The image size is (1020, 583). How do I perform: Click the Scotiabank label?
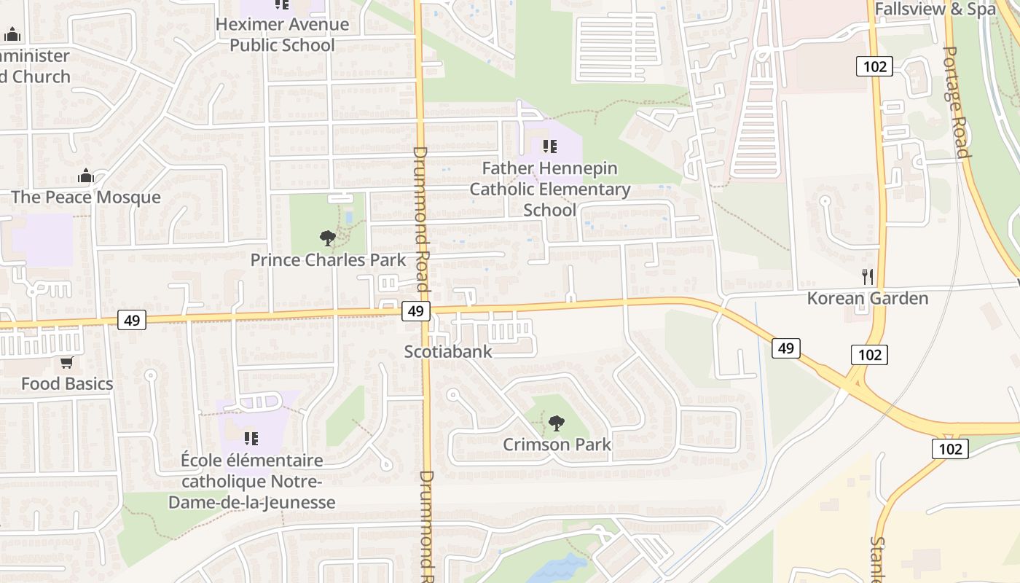coord(448,351)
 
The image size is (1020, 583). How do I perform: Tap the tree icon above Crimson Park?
coord(557,423)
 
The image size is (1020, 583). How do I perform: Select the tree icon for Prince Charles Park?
coord(328,238)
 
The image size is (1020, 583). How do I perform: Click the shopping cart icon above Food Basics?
coord(66,362)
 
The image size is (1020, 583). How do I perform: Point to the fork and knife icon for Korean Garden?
coord(867,277)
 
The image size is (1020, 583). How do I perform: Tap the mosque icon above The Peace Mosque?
coord(86,176)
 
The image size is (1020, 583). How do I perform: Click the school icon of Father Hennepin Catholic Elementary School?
coord(550,146)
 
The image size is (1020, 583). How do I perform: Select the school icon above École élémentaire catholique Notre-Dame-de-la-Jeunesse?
coord(251,438)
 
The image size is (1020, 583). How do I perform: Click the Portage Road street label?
coord(957,102)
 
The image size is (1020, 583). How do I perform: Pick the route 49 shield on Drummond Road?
coord(415,311)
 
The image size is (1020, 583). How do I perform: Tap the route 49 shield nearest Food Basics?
coord(132,319)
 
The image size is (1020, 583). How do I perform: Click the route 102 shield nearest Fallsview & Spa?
coord(874,67)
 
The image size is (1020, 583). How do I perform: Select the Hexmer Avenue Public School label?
coord(283,34)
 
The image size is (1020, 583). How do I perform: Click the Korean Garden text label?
coord(867,298)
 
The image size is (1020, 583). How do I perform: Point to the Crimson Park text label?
coord(557,444)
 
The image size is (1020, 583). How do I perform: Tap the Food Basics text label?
coord(67,383)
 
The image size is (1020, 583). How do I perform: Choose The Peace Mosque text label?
coord(85,197)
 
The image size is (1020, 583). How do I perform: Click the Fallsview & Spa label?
coord(935,9)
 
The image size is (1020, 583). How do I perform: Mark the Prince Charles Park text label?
coord(328,260)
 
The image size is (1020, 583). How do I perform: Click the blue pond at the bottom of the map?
coord(557,568)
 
